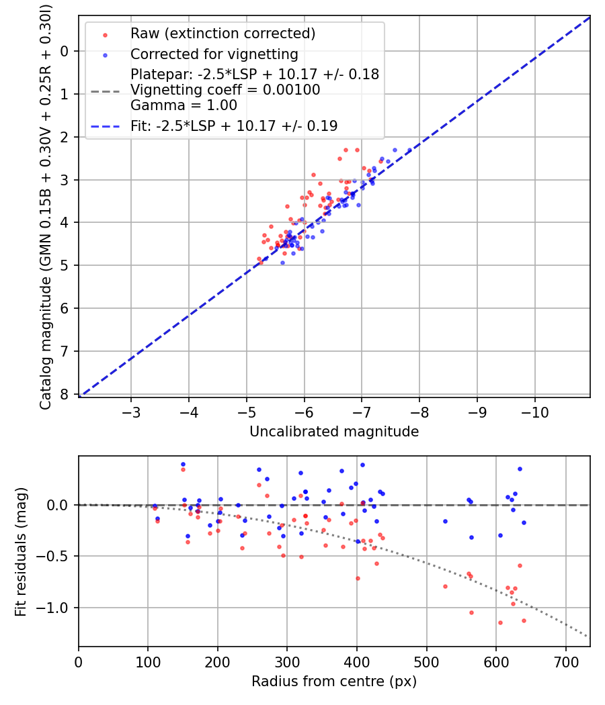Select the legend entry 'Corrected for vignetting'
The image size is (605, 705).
[214, 54]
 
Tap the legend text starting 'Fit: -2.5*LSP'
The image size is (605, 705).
[234, 126]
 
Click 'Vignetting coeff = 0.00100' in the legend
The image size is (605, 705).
[225, 90]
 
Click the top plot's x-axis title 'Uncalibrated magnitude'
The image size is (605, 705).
[334, 432]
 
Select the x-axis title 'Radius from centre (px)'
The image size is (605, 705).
[334, 681]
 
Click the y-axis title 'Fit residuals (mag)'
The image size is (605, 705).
[21, 551]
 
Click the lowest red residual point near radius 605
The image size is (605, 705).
[500, 622]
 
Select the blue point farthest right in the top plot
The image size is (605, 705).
[409, 150]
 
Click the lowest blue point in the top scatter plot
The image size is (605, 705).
[282, 263]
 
